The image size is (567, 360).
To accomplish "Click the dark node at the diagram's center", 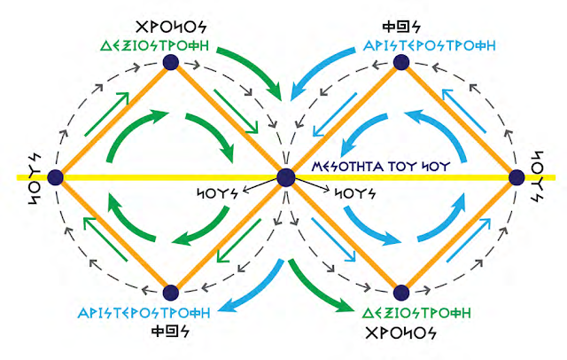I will pos(285,177).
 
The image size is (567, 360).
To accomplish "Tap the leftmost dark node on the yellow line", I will pos(55,177).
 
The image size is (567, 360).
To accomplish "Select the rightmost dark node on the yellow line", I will pos(517,177).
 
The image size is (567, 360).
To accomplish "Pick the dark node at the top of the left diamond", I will pos(170,62).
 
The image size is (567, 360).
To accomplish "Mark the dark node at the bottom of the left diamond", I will pos(170,292).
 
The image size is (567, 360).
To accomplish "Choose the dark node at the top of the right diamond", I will pos(400,62).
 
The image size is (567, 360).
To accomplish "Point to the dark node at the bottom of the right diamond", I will pos(400,292).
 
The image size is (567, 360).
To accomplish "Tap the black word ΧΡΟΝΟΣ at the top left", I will pos(171,21).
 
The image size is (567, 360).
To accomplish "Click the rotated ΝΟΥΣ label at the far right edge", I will pos(548,177).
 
